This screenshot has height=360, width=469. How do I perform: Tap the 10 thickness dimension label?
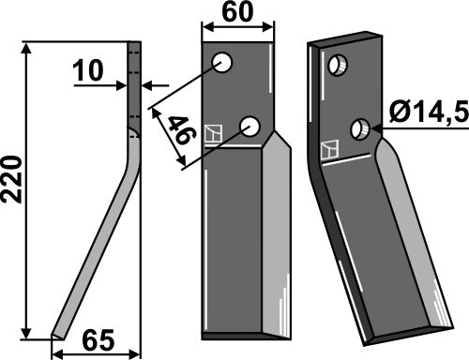click(x=88, y=70)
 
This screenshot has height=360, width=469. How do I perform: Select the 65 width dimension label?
click(x=98, y=340)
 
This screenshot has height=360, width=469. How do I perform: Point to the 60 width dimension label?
click(x=237, y=11)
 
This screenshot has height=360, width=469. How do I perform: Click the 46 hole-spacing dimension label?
click(x=182, y=129)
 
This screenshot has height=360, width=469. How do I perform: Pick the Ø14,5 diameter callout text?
click(x=429, y=112)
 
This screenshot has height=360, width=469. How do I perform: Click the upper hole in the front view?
click(x=222, y=63)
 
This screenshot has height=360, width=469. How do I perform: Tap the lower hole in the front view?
click(x=250, y=127)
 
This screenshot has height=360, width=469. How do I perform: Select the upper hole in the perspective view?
click(x=338, y=66)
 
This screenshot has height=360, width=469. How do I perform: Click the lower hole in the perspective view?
click(x=360, y=129)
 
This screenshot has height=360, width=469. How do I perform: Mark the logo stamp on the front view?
click(x=213, y=134)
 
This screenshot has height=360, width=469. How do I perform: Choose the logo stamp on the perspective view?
click(x=330, y=150)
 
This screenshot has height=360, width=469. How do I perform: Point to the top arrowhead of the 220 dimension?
click(x=27, y=49)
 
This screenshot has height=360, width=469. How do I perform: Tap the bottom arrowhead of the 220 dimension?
click(x=27, y=333)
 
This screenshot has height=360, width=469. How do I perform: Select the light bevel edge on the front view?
click(x=277, y=234)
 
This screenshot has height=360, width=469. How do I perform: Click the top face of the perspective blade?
click(x=345, y=39)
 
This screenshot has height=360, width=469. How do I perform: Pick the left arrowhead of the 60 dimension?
click(x=209, y=27)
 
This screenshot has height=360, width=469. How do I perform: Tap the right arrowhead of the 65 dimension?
click(x=133, y=354)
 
